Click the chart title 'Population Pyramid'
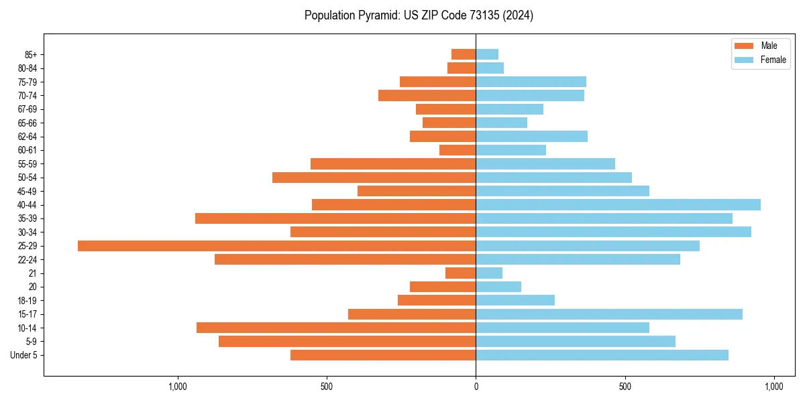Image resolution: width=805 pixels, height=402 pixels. click(419, 15)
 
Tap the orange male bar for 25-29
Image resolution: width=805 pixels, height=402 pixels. click(276, 246)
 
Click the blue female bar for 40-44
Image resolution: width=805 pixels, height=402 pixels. click(618, 205)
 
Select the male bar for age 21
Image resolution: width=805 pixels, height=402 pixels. click(460, 273)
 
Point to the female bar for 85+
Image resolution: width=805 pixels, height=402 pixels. click(487, 54)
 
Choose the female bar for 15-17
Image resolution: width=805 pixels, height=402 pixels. click(609, 314)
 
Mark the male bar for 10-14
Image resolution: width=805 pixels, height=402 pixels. click(336, 328)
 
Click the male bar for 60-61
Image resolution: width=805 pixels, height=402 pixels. click(458, 150)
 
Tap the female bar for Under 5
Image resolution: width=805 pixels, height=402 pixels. click(602, 355)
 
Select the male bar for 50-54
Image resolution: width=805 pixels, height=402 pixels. click(374, 178)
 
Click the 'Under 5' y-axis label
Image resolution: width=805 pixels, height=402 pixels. click(23, 355)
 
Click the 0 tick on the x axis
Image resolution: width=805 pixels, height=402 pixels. click(476, 387)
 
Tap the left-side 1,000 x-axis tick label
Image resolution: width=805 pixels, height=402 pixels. click(178, 387)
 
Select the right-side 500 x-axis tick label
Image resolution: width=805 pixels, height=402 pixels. click(625, 387)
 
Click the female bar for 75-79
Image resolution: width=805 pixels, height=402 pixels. click(531, 82)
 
